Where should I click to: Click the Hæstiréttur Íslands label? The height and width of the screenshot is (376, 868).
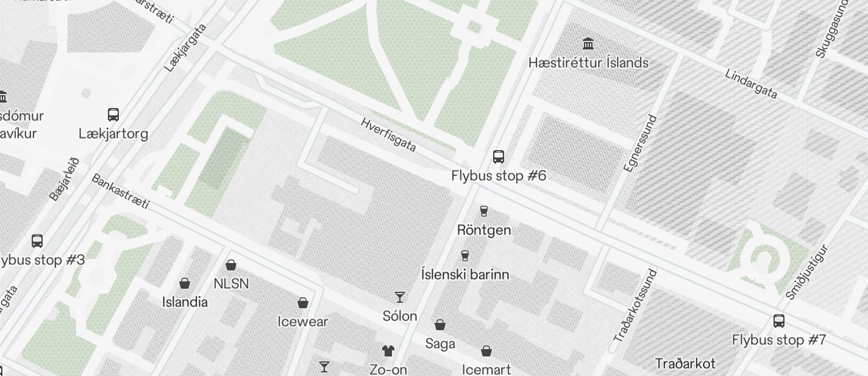click(588, 63)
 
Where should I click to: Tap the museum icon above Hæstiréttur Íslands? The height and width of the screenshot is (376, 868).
click(588, 43)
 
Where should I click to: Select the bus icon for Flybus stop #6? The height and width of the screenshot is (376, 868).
click(499, 156)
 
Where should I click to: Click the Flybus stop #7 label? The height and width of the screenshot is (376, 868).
click(778, 340)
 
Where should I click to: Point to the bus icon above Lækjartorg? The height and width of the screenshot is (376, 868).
click(113, 114)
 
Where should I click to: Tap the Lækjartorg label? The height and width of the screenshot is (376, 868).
click(113, 133)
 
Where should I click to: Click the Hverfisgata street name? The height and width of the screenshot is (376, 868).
click(388, 134)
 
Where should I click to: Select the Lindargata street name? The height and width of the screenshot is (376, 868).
click(751, 84)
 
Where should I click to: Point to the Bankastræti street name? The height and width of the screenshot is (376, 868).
click(120, 191)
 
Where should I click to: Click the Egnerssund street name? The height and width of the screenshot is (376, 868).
click(641, 143)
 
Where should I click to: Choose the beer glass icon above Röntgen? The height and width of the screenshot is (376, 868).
click(484, 211)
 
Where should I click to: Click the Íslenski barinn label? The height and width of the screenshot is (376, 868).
click(465, 274)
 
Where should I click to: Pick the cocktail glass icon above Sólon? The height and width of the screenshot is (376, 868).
click(400, 297)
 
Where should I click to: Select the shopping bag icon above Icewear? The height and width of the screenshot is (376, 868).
click(303, 303)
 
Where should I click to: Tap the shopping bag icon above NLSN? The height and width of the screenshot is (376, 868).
click(231, 265)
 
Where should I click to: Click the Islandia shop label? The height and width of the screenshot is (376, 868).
click(185, 302)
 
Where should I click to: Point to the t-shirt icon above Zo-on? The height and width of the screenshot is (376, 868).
click(388, 350)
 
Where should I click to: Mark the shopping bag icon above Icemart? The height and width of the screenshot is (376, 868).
click(486, 351)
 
